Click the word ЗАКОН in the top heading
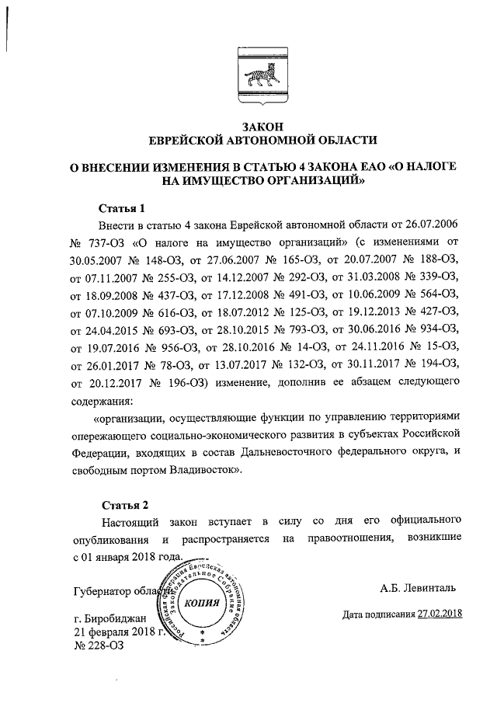click(x=262, y=126)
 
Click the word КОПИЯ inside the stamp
click(x=204, y=604)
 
